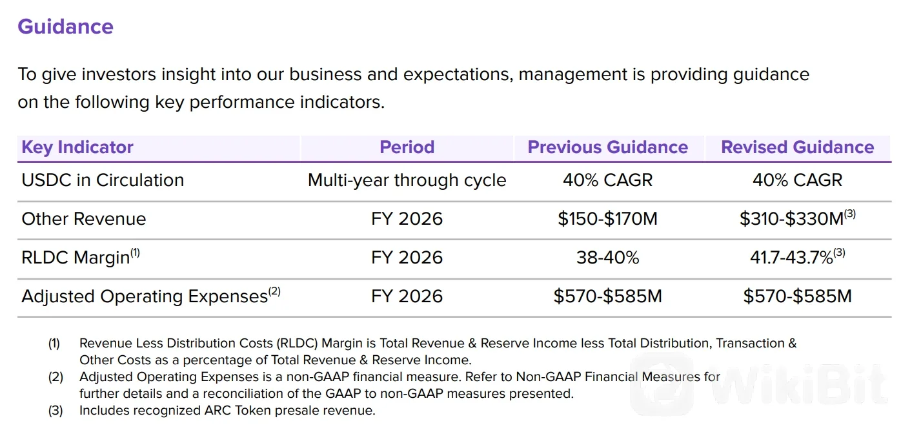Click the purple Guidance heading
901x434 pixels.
[66, 27]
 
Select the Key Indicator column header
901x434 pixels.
[77, 147]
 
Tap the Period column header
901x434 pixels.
[407, 147]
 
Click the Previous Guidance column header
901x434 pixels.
[608, 147]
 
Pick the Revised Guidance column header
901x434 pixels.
[798, 147]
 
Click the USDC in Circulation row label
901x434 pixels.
[103, 180]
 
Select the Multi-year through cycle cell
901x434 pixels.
[407, 180]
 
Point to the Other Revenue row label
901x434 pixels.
[84, 218]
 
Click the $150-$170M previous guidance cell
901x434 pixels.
[608, 218]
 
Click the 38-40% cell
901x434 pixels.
[608, 257]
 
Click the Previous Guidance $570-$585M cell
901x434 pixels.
[608, 296]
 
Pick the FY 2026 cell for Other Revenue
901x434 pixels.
[407, 218]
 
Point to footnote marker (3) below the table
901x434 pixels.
[56, 411]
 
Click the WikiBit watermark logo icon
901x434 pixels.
[662, 384]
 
